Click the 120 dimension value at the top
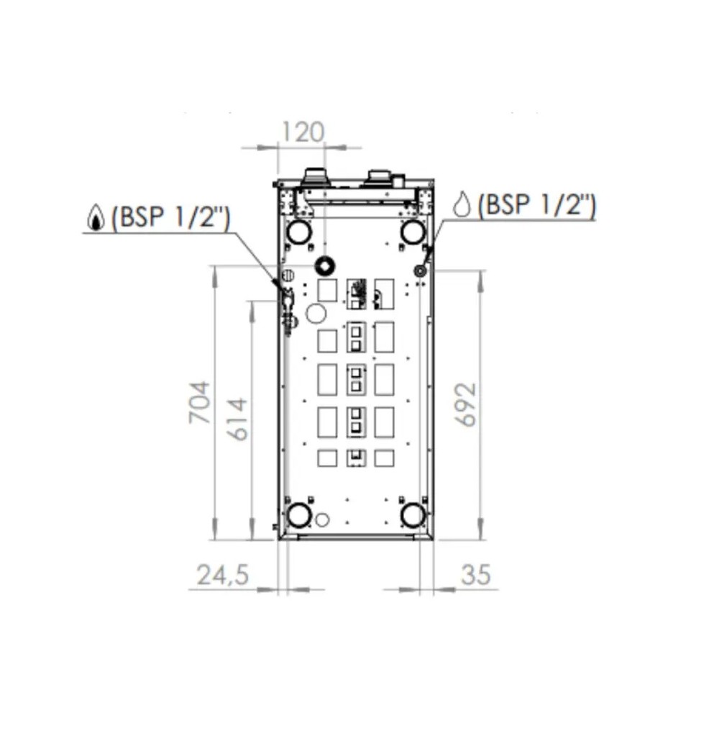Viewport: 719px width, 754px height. (x=303, y=132)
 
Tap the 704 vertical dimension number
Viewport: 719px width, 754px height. (x=199, y=402)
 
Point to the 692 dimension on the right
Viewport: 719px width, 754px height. (x=466, y=404)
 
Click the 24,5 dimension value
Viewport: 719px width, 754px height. (x=223, y=575)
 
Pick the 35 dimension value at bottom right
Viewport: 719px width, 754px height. (x=476, y=575)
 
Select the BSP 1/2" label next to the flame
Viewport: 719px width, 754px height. (x=170, y=217)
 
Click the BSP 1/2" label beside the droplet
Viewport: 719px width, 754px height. (x=536, y=204)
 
